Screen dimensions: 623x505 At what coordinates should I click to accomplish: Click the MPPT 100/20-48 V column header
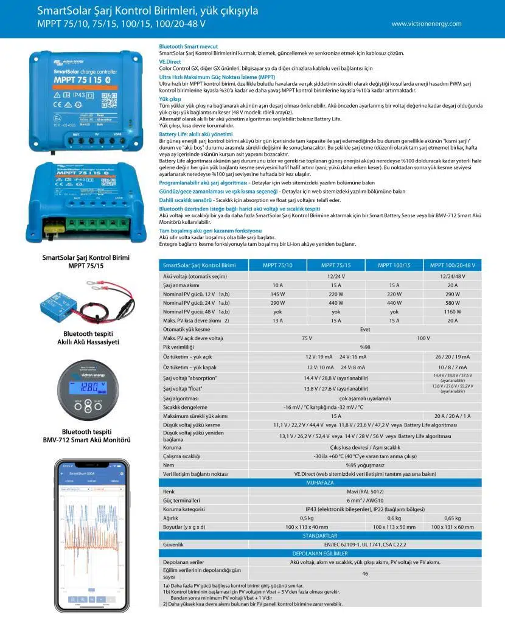pos(453,265)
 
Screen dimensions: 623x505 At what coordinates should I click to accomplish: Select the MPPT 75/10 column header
pos(277,265)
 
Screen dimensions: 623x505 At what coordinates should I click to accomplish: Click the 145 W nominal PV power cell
pos(277,294)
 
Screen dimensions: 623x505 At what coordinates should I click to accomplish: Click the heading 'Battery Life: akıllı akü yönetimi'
pos(196,133)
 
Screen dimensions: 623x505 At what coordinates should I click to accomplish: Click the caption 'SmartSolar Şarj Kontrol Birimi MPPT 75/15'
pos(86,262)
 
